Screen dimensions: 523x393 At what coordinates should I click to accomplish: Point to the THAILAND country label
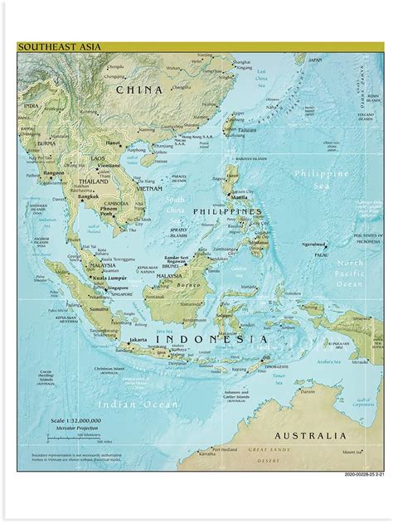[94, 181]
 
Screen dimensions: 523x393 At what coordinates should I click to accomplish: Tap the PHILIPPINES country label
[227, 211]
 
